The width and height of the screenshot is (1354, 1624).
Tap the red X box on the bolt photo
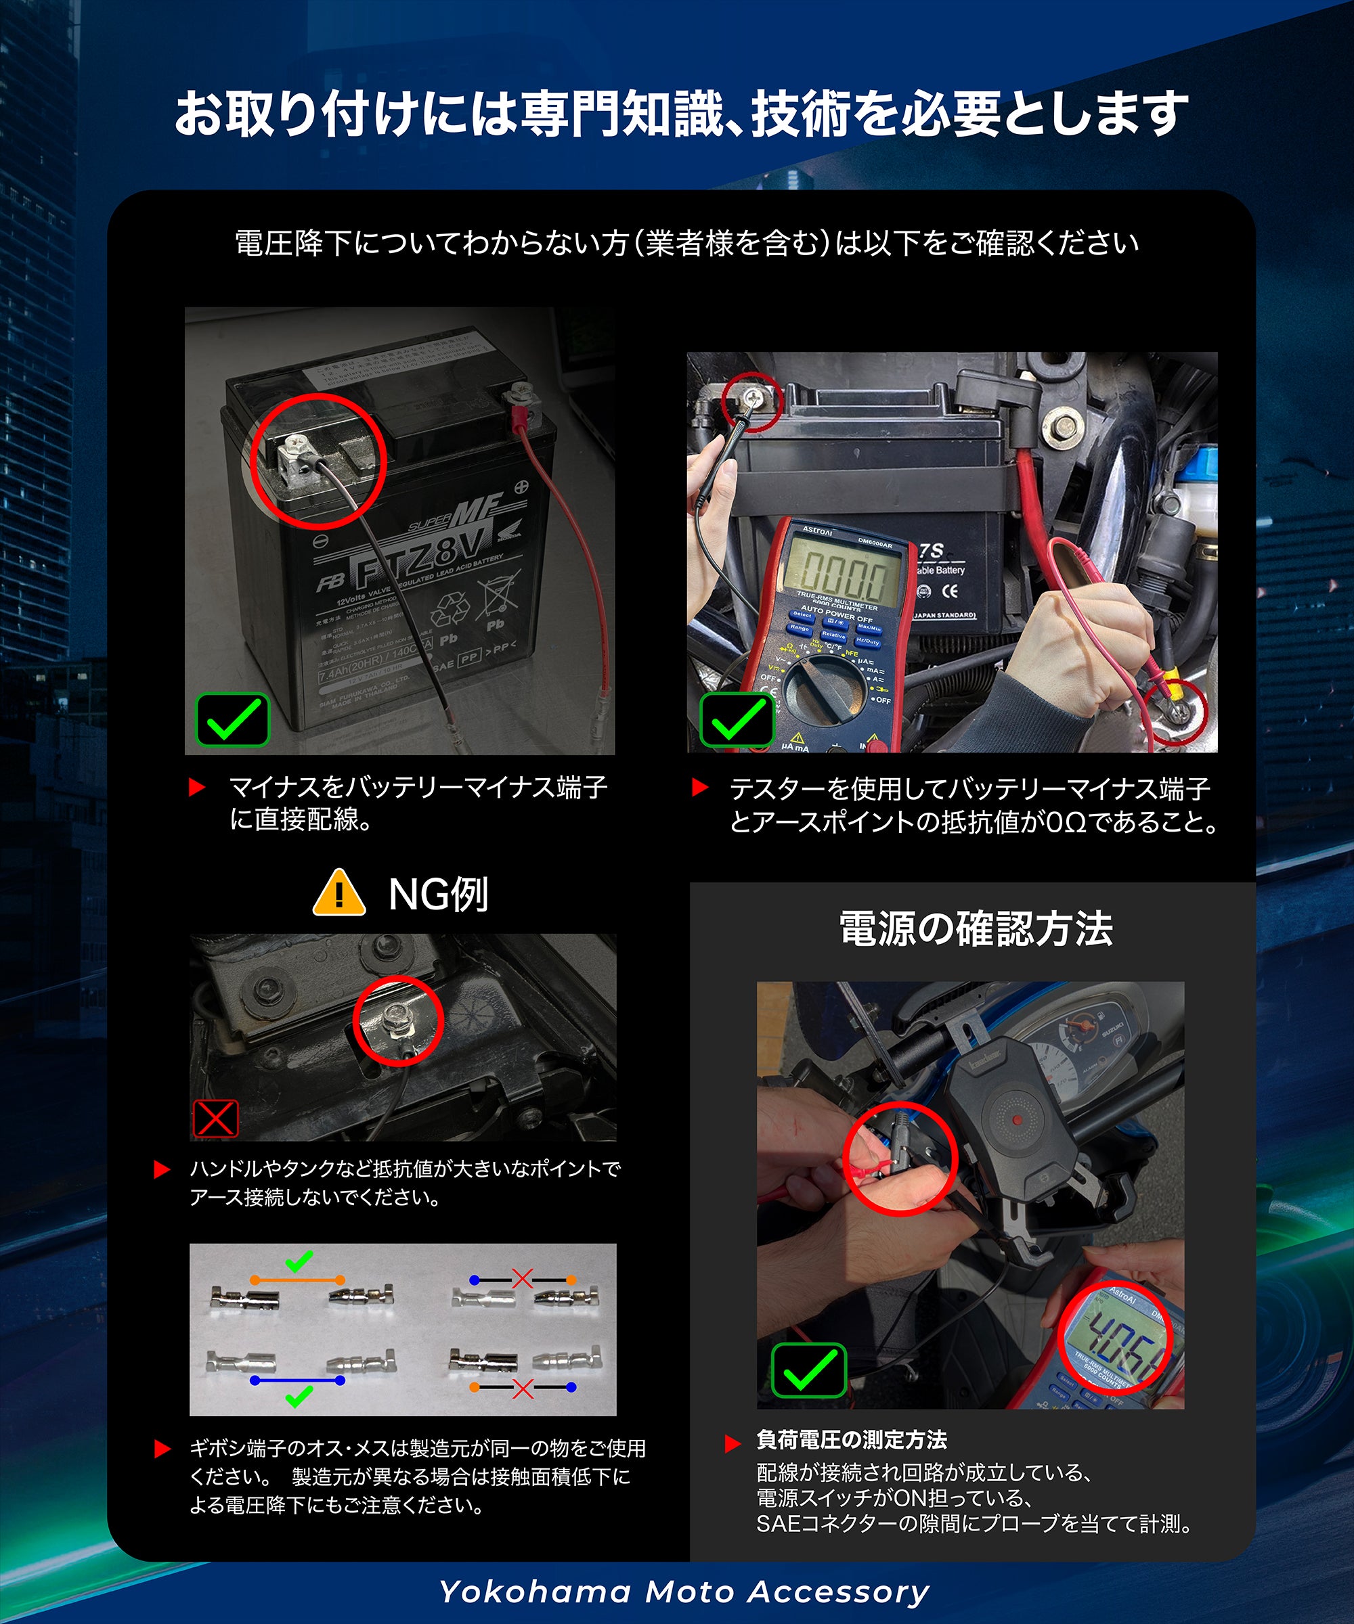click(215, 1119)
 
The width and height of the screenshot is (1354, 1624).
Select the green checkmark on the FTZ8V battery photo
click(232, 720)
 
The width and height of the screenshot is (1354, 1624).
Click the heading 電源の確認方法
click(976, 929)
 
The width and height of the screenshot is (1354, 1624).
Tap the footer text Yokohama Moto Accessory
click(684, 1592)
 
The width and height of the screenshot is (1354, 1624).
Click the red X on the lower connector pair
click(523, 1388)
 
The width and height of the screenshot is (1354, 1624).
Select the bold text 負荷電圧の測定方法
click(851, 1439)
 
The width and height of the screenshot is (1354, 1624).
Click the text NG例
click(438, 895)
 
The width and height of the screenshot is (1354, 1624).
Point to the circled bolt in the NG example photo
click(396, 1022)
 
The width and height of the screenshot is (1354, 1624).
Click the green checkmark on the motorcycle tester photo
click(737, 720)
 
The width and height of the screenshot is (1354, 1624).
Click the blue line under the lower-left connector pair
click(297, 1380)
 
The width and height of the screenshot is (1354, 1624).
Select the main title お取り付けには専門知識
click(681, 114)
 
